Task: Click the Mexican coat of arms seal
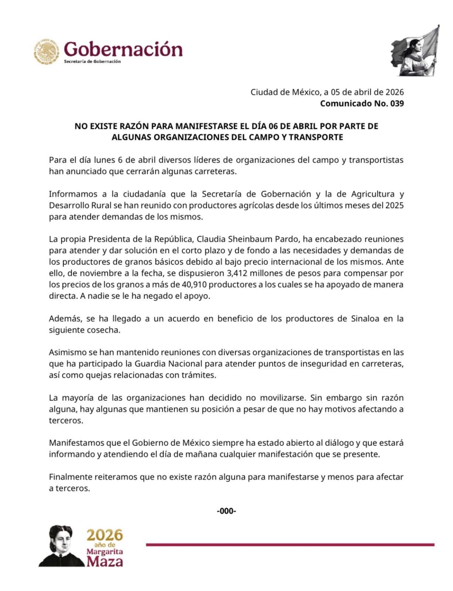[47, 52]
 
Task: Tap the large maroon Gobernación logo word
[123, 49]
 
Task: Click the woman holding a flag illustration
[416, 52]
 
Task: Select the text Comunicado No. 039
[362, 103]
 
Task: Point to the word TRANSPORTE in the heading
[316, 137]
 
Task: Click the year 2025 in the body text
[394, 205]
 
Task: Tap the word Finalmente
[71, 477]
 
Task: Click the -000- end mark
[226, 511]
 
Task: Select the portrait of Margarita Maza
[60, 546]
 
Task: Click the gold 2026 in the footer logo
[105, 535]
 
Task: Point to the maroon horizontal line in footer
[290, 545]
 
